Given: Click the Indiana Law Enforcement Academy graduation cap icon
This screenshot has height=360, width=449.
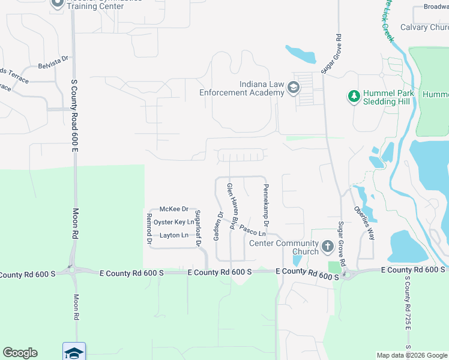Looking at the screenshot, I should coord(294,88).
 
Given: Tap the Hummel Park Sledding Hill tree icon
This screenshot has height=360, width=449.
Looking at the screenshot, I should coord(354,96).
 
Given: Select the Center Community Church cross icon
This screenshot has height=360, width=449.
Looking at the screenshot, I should coord(327,246).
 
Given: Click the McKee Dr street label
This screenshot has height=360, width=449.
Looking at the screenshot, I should coord(173,209).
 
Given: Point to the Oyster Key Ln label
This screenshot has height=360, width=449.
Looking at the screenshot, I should coord(174,222).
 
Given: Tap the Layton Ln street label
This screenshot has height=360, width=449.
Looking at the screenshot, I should coord(174,235).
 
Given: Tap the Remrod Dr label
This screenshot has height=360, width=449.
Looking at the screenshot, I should coord(149,228).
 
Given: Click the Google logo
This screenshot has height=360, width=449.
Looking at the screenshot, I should coord(20,353).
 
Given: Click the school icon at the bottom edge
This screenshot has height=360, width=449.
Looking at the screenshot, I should coord(74,352).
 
